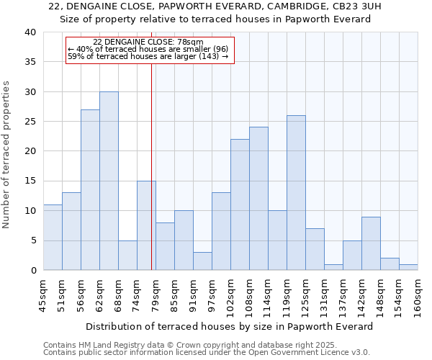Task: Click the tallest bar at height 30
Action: pyautogui.click(x=109, y=181)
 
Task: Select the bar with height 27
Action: pyautogui.click(x=90, y=190)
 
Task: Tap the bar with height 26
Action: pyautogui.click(x=296, y=193)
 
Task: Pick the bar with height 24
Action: pyautogui.click(x=258, y=199)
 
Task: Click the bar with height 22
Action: pyautogui.click(x=240, y=204)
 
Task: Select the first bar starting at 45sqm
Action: pyautogui.click(x=53, y=238)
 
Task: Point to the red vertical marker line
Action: pyautogui.click(x=151, y=166)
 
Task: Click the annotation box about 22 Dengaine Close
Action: pyautogui.click(x=150, y=50)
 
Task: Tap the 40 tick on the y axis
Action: pyautogui.click(x=30, y=32)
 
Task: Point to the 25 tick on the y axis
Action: pyautogui.click(x=30, y=122)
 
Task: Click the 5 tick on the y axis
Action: pyautogui.click(x=32, y=240)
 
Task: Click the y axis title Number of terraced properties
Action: pyautogui.click(x=7, y=154)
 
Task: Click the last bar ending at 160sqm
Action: pyautogui.click(x=408, y=267)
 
